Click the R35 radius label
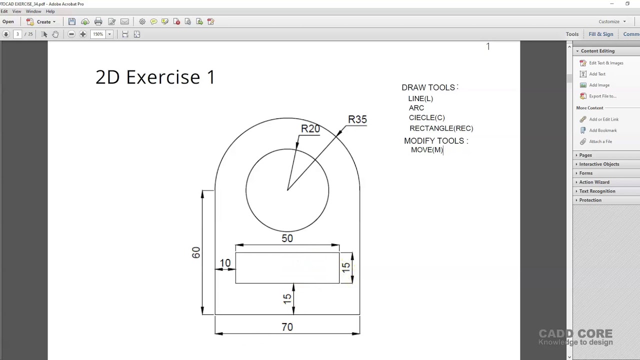pos(357,119)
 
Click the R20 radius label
pos(310,129)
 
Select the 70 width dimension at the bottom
pos(287,327)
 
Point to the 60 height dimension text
pos(195,252)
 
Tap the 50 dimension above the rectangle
pos(287,238)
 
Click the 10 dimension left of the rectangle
pos(225,263)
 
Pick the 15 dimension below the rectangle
pos(286,298)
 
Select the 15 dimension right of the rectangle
pos(345,267)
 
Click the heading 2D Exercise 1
pos(155,77)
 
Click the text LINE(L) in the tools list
pos(420,98)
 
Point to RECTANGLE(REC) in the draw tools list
pos(441,128)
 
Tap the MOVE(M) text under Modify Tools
pos(426,150)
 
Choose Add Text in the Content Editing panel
pos(597,74)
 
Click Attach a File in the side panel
pos(600,141)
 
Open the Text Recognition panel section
pos(597,191)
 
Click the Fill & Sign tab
pos(600,34)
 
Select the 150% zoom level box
pos(98,34)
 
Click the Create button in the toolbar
pos(43,21)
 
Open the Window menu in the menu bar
pos(33,11)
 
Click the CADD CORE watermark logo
pos(575,337)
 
